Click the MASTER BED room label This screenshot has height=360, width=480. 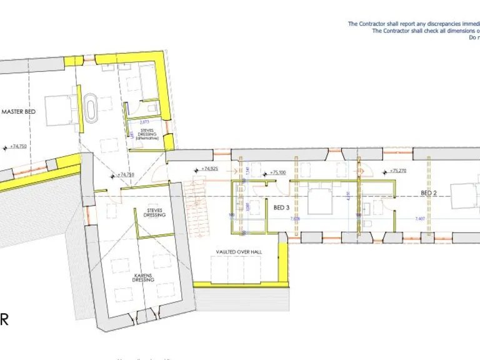19,111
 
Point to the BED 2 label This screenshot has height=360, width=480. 428,194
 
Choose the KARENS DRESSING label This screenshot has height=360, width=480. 143,277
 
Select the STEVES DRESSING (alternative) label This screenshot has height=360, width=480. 147,134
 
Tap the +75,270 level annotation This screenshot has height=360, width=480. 397,170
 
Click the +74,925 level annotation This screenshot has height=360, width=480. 209,169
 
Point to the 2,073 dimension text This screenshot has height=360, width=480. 144,121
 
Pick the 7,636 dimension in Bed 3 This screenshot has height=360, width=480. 296,219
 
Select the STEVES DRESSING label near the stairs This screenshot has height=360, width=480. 154,212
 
